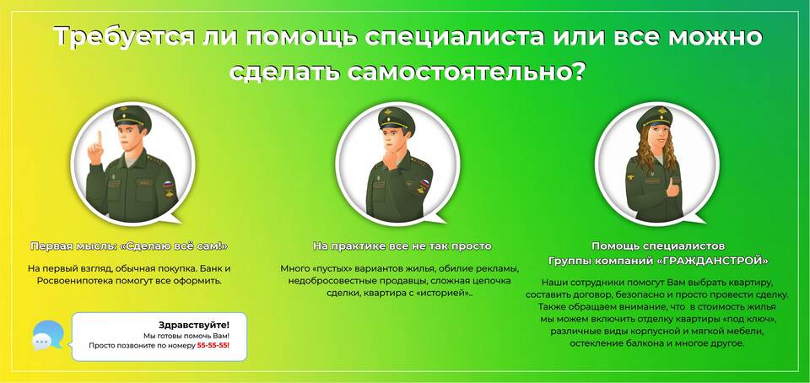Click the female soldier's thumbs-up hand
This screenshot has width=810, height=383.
coord(672,189)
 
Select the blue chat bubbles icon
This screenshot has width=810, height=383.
coord(47,336)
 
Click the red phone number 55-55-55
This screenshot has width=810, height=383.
coord(213,345)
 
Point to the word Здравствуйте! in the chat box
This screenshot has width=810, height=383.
coord(194,325)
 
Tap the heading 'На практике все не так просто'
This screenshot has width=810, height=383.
coord(402,246)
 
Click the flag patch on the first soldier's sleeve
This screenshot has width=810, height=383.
coord(168,184)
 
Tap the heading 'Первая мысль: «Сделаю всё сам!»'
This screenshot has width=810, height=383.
coord(129,246)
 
